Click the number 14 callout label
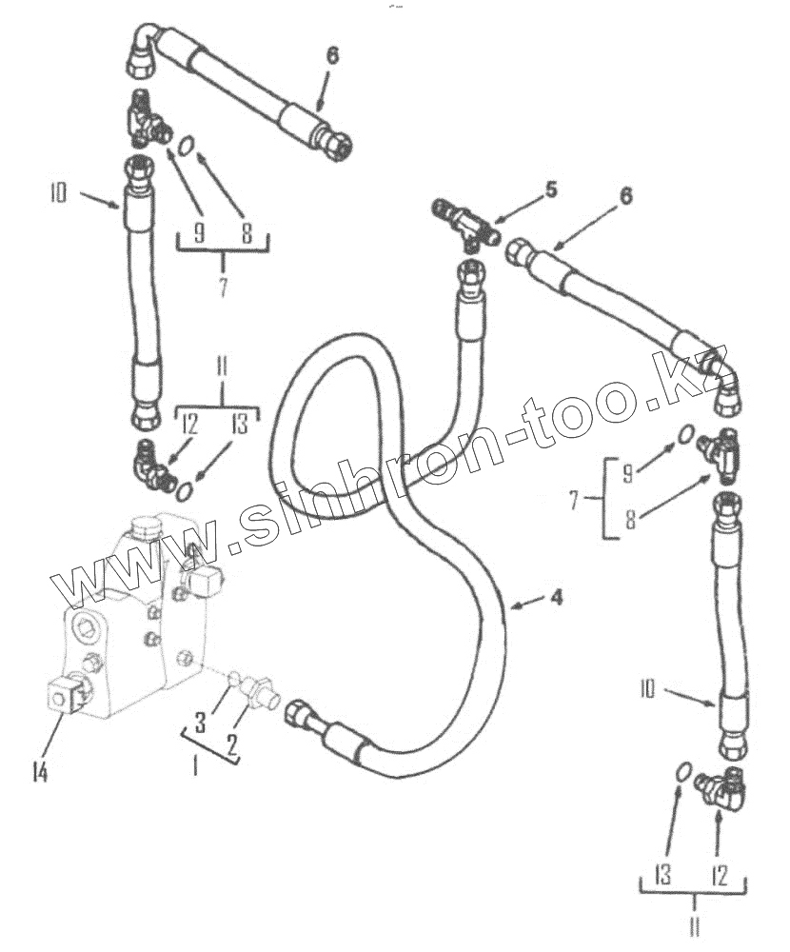tap(40, 773)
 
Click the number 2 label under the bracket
tap(230, 744)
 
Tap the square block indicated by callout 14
tap(66, 696)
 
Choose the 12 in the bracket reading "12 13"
tap(188, 426)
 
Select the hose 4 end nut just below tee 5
tap(469, 274)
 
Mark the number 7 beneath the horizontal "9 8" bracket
tap(223, 286)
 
